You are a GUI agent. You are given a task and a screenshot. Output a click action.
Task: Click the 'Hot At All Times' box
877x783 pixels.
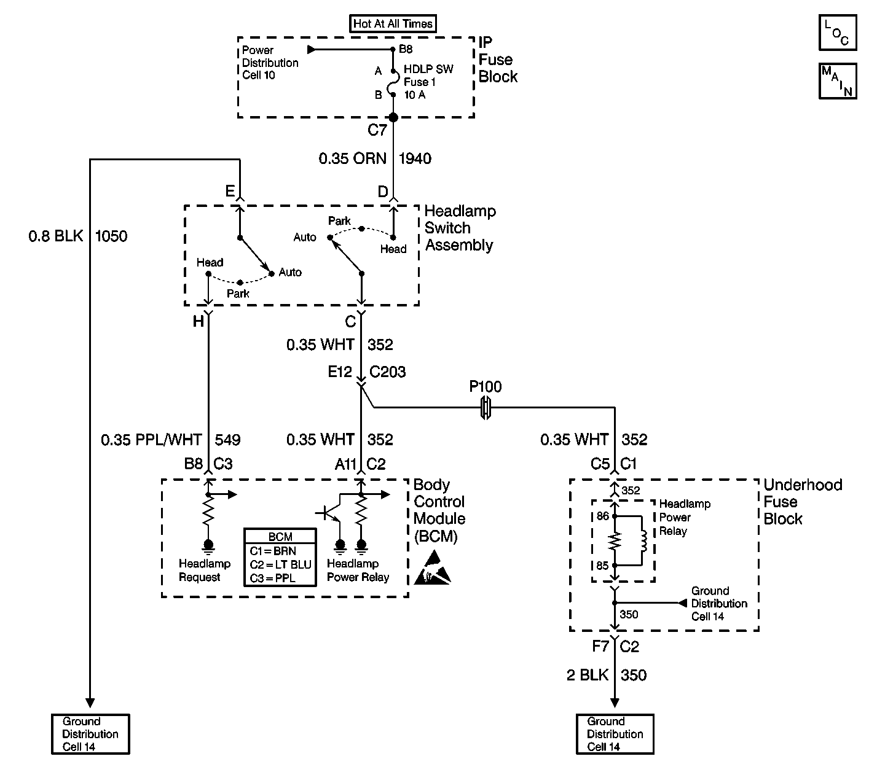[x=393, y=24]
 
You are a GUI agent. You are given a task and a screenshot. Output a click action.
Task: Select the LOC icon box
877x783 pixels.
[x=837, y=33]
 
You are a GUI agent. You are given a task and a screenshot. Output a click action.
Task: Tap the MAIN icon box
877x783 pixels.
[x=837, y=81]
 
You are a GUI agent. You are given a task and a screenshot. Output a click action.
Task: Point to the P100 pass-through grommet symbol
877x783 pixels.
[x=486, y=407]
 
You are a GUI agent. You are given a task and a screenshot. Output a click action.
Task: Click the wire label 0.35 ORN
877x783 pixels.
[x=352, y=159]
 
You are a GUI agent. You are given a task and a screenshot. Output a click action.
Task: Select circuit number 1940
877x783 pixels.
[x=415, y=159]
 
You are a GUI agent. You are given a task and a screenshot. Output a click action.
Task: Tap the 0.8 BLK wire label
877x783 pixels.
[x=55, y=236]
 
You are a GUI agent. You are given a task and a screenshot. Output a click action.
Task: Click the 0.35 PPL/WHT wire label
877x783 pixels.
[x=151, y=440]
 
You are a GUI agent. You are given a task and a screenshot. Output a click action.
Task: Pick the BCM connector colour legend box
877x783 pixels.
[x=280, y=557]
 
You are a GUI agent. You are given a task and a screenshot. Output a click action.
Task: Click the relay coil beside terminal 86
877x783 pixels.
[x=643, y=540]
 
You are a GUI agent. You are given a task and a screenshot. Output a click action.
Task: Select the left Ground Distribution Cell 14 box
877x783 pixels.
[x=90, y=734]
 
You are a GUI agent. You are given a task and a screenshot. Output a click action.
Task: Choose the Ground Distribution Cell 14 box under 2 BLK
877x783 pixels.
[x=615, y=734]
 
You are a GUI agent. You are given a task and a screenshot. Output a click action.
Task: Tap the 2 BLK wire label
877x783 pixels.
[x=587, y=676]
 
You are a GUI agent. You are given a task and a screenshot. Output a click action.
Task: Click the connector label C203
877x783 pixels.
[x=387, y=372]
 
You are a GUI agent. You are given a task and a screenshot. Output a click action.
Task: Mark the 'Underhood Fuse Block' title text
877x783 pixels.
[x=802, y=502]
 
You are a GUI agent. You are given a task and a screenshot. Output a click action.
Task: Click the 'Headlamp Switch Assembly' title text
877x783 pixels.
[x=460, y=228]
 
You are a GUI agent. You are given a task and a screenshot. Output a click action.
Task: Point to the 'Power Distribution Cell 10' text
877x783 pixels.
[x=270, y=63]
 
